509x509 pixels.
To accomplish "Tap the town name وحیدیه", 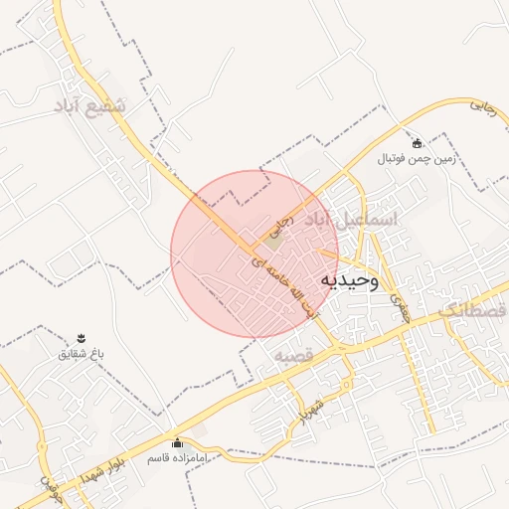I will (350, 281).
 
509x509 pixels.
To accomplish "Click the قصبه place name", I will (294, 355).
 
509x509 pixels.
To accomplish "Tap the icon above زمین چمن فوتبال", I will (417, 142).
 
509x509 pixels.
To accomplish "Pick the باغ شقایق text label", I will (82, 354).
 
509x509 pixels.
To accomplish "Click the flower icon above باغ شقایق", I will (82, 339).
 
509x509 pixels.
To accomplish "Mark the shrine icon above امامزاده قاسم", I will (177, 443).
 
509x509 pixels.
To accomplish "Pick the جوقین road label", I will (51, 488).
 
